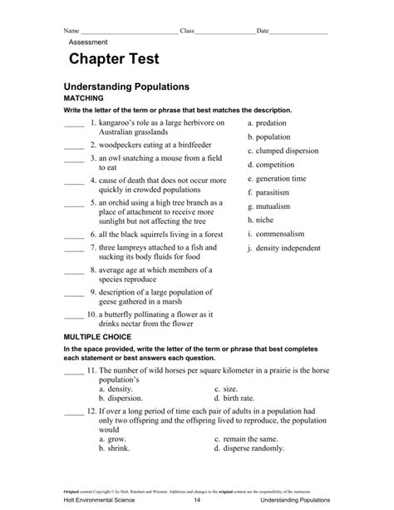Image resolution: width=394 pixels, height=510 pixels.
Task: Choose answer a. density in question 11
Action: click(116, 389)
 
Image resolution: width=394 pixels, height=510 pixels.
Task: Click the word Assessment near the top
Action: click(88, 40)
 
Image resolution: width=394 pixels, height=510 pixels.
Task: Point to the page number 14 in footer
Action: click(196, 501)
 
